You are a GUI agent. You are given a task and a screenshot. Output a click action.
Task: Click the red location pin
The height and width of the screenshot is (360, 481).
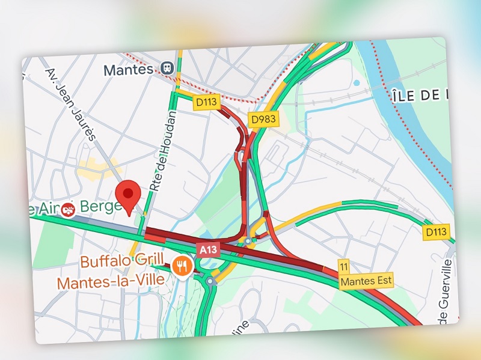coord(128,196)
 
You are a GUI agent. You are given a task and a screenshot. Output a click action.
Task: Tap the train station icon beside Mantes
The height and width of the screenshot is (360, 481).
coord(167,68)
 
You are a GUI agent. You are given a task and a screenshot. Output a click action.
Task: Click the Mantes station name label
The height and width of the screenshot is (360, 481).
coord(129,70)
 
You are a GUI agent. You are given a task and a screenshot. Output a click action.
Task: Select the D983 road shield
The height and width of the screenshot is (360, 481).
coord(263,119)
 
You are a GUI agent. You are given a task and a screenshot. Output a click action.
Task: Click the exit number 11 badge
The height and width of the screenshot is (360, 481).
coord(344,267)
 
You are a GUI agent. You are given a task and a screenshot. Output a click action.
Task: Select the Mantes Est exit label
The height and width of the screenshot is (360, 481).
coord(366,280)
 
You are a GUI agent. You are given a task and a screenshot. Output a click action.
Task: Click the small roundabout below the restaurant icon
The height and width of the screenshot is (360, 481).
coord(210,280)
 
